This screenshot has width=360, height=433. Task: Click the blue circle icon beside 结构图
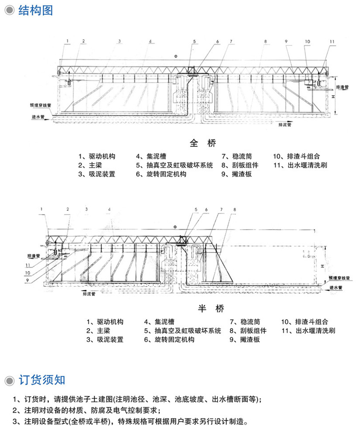coord(9,10)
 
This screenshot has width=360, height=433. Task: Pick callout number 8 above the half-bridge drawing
coord(235,209)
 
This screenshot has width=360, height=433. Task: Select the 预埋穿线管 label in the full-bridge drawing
coord(40,105)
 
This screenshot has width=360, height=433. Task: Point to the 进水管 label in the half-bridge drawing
coord(336,288)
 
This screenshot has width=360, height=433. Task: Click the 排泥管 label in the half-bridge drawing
coord(89,294)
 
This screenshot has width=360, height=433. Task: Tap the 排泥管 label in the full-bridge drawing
coord(285,125)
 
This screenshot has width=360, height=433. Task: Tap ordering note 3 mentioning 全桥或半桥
coord(130,422)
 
